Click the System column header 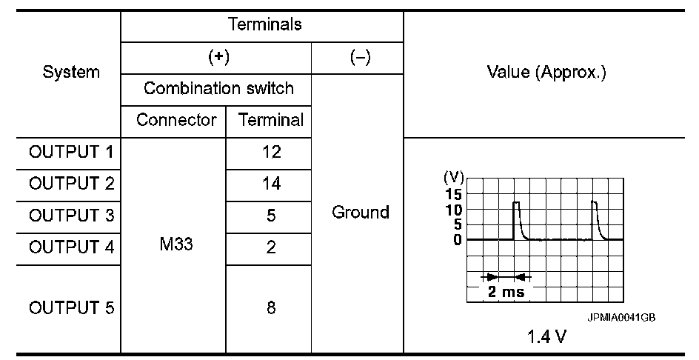(x=72, y=73)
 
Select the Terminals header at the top (x=265, y=24)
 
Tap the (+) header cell (x=216, y=58)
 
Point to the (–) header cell (x=358, y=58)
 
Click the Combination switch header (x=218, y=89)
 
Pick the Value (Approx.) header (x=547, y=73)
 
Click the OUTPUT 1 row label (x=72, y=153)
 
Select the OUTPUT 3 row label (x=72, y=216)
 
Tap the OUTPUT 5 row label (x=72, y=308)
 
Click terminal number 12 (x=270, y=153)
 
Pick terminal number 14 (x=270, y=184)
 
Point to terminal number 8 (x=270, y=308)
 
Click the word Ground (x=361, y=213)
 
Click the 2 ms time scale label (x=506, y=291)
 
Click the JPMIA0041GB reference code (x=621, y=317)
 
